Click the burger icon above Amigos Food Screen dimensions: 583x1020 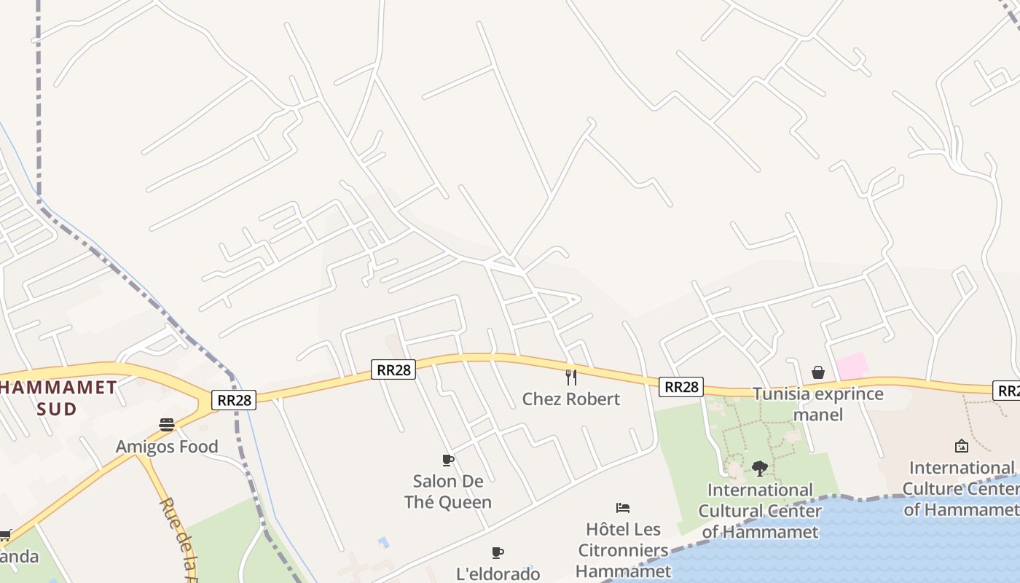point(167,424)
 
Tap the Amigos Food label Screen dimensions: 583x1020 point(167,446)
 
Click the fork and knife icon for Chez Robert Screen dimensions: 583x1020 point(571,377)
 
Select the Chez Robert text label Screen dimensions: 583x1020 point(571,399)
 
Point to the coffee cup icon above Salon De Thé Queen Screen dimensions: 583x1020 point(448,460)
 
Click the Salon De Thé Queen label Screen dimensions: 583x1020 point(448,491)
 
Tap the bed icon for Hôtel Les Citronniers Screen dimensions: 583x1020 point(623,508)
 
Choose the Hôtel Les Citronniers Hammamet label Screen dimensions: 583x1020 point(623,550)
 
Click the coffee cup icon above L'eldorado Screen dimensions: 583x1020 point(498,552)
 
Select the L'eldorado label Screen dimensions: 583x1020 point(498,574)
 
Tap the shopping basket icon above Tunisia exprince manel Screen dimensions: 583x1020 point(818,372)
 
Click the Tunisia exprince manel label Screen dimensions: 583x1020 point(817,404)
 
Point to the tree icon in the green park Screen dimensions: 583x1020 point(760,468)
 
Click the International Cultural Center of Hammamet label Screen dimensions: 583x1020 point(760,510)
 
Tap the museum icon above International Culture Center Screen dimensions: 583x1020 point(962,446)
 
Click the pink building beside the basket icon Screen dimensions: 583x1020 point(852,367)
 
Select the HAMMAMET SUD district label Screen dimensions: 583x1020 point(58,398)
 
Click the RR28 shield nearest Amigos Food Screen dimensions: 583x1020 point(235,399)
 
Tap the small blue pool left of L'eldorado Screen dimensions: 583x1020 point(383,542)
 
